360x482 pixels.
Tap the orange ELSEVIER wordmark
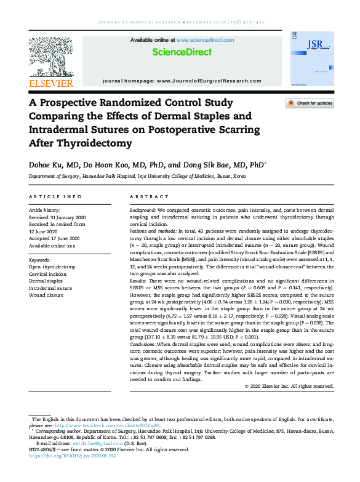coord(52,83)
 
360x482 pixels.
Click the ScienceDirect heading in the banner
coord(182,52)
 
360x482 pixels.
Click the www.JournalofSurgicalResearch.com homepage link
coord(209,81)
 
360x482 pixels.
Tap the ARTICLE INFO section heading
coord(55,196)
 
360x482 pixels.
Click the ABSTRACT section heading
coord(150,196)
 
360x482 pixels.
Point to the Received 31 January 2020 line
coord(58,217)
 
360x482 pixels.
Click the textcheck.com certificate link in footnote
coord(107,425)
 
